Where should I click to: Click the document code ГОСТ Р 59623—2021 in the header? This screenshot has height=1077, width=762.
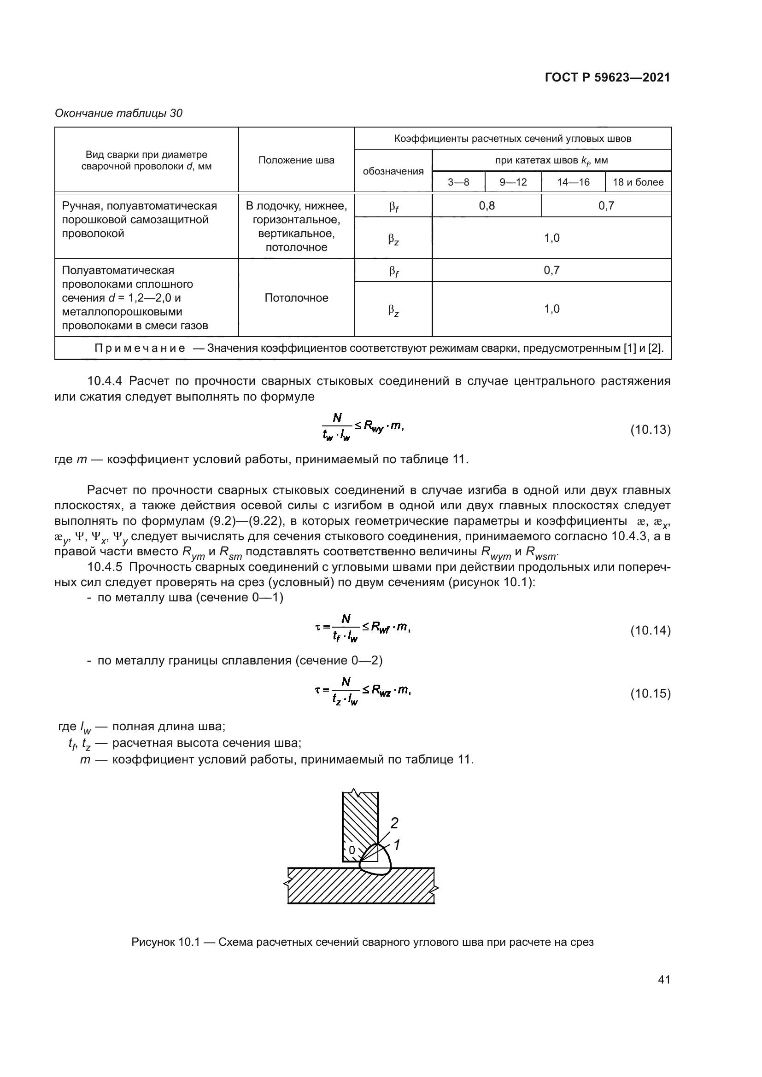click(x=607, y=78)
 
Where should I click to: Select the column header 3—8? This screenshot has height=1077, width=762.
click(x=458, y=182)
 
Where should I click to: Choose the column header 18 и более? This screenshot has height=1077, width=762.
click(x=638, y=182)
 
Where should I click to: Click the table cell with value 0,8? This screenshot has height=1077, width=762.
click(x=487, y=205)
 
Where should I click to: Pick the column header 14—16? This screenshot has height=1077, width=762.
click(x=573, y=182)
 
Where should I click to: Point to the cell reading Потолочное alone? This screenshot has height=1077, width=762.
click(x=296, y=298)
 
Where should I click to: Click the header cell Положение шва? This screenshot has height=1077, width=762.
click(x=296, y=160)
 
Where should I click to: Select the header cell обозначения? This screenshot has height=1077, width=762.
click(x=393, y=171)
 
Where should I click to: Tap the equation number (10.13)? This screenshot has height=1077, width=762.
click(x=650, y=430)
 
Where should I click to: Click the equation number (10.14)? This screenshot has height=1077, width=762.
click(x=650, y=630)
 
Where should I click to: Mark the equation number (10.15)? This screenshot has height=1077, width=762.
click(x=650, y=693)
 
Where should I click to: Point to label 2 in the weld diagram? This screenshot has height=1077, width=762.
click(x=394, y=823)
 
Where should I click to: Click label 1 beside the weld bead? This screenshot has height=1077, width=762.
click(x=397, y=845)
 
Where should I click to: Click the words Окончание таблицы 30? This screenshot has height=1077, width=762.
click(x=119, y=113)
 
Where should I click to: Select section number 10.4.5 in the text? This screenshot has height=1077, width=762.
click(x=105, y=567)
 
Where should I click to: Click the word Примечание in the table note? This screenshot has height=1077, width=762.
click(x=139, y=348)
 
